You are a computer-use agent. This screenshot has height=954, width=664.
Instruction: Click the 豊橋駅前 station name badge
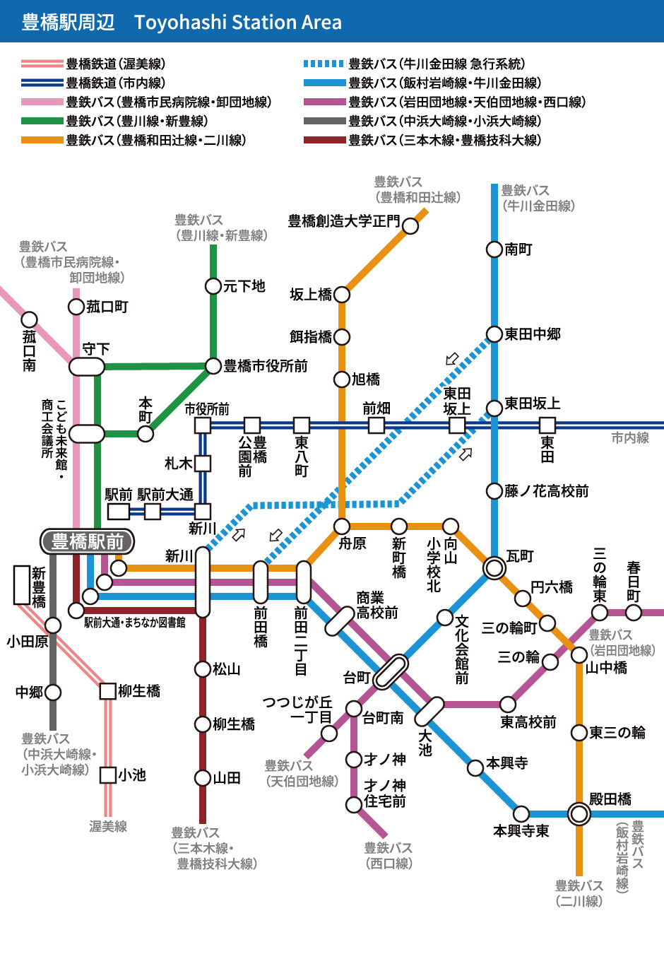click(88, 542)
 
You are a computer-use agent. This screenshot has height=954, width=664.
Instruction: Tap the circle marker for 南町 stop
click(494, 249)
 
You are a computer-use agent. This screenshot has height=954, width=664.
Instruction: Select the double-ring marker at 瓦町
click(494, 567)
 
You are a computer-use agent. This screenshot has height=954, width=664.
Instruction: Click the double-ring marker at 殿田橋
click(579, 814)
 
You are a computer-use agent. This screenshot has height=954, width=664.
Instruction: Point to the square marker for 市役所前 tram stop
click(203, 425)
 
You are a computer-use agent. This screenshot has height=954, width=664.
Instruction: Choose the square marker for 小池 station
click(108, 775)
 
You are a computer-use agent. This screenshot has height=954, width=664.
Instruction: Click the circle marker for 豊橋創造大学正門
click(410, 225)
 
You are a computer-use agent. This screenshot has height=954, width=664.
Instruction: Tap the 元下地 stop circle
click(213, 286)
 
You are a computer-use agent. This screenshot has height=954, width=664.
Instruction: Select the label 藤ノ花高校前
click(546, 491)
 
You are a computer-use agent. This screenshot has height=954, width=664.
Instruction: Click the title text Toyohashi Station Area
click(238, 23)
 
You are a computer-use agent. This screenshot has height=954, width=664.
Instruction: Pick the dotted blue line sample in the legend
click(324, 64)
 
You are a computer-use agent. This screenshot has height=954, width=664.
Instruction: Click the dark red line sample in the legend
click(324, 140)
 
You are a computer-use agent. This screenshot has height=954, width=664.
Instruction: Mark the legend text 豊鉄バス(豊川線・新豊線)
click(137, 121)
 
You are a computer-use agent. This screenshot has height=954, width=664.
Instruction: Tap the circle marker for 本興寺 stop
click(476, 767)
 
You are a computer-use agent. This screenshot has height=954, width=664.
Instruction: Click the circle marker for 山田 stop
click(203, 778)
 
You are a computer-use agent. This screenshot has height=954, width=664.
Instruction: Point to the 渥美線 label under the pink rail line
click(108, 826)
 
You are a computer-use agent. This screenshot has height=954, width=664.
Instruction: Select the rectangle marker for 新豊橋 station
click(22, 585)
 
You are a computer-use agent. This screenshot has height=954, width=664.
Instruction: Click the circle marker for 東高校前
click(508, 705)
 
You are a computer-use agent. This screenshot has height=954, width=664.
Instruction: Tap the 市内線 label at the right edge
click(630, 438)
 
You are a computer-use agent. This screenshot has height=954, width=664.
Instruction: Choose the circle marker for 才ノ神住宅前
click(354, 804)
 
